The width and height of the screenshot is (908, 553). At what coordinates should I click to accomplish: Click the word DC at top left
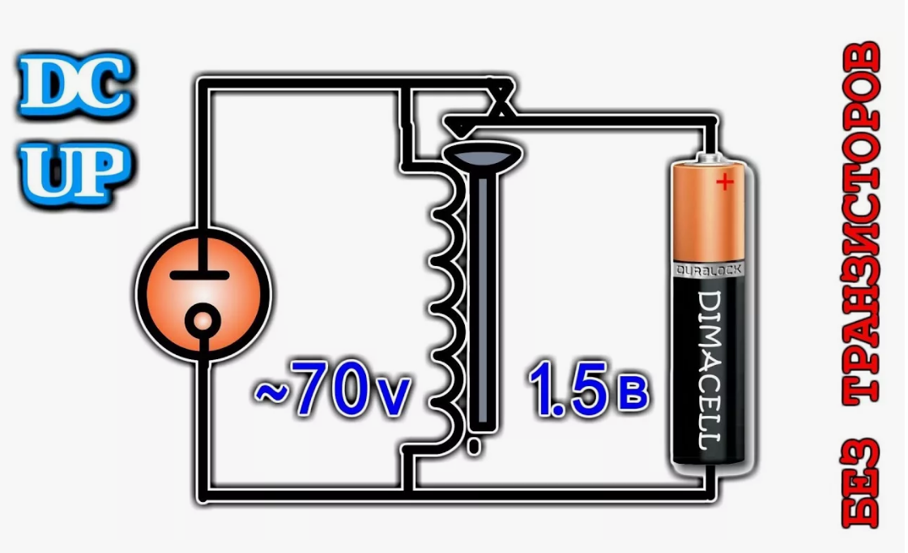(x=75, y=88)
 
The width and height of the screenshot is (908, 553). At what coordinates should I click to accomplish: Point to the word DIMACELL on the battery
(x=710, y=370)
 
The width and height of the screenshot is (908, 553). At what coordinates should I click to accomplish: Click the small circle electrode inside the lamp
(x=201, y=322)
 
